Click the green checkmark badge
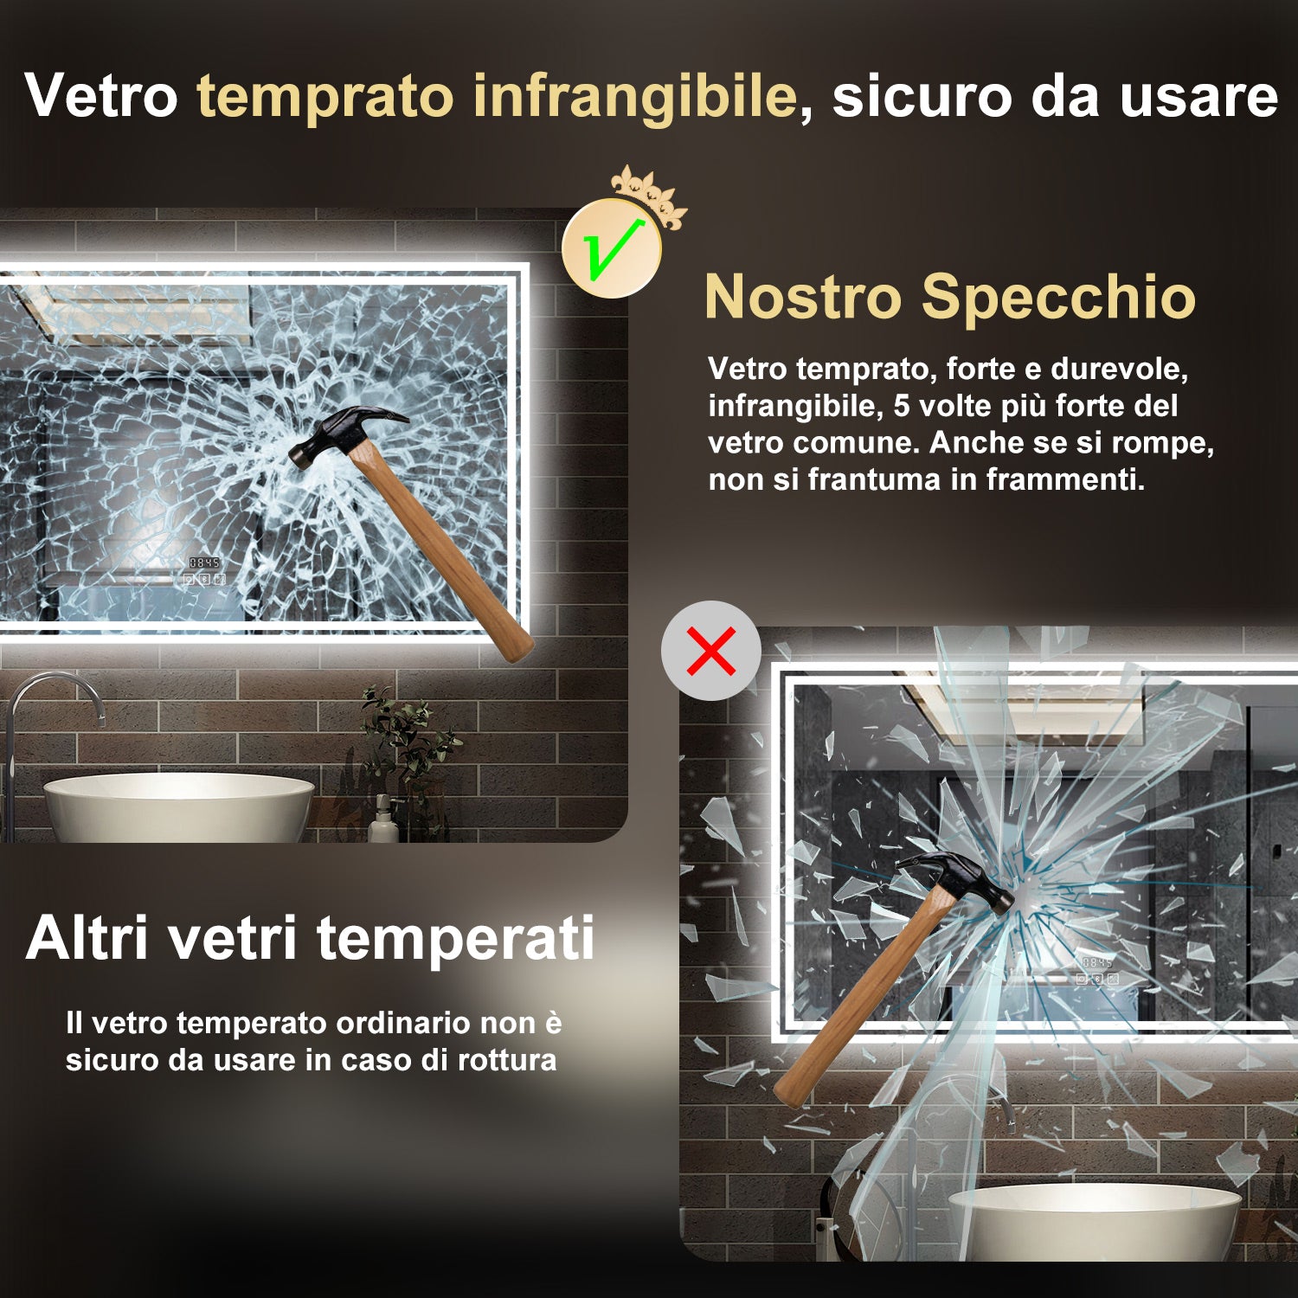(x=612, y=249)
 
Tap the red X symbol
(x=711, y=651)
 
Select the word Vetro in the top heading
(x=101, y=96)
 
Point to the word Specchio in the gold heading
(x=1058, y=297)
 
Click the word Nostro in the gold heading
(x=802, y=297)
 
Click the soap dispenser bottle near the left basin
(x=382, y=822)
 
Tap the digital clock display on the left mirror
(x=204, y=563)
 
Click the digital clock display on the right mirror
(x=1096, y=963)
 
